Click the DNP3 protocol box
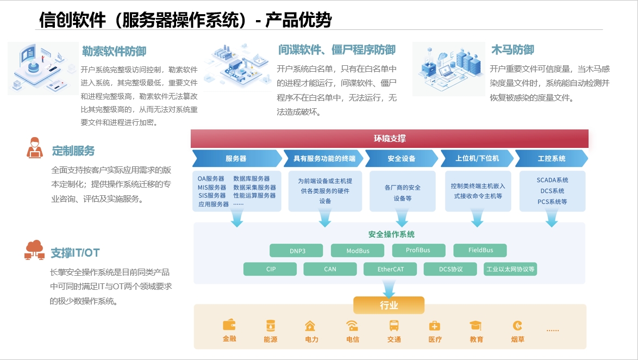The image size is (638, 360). (296, 251)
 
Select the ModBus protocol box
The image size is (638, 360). (358, 251)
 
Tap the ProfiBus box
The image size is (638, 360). (418, 251)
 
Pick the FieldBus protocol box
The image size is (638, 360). (480, 251)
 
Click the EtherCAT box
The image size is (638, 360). (390, 269)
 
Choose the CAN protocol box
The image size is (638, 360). (330, 269)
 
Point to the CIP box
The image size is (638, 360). (271, 269)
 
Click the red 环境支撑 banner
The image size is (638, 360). (390, 139)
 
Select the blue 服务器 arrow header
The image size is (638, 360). (236, 158)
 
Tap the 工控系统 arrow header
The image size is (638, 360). (551, 158)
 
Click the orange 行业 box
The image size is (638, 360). (389, 305)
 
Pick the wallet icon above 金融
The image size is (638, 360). (229, 325)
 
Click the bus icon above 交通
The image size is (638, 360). (394, 326)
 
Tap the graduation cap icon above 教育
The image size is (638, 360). (476, 325)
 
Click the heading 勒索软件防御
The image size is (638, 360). (114, 52)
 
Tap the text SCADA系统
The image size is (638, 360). (552, 181)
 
